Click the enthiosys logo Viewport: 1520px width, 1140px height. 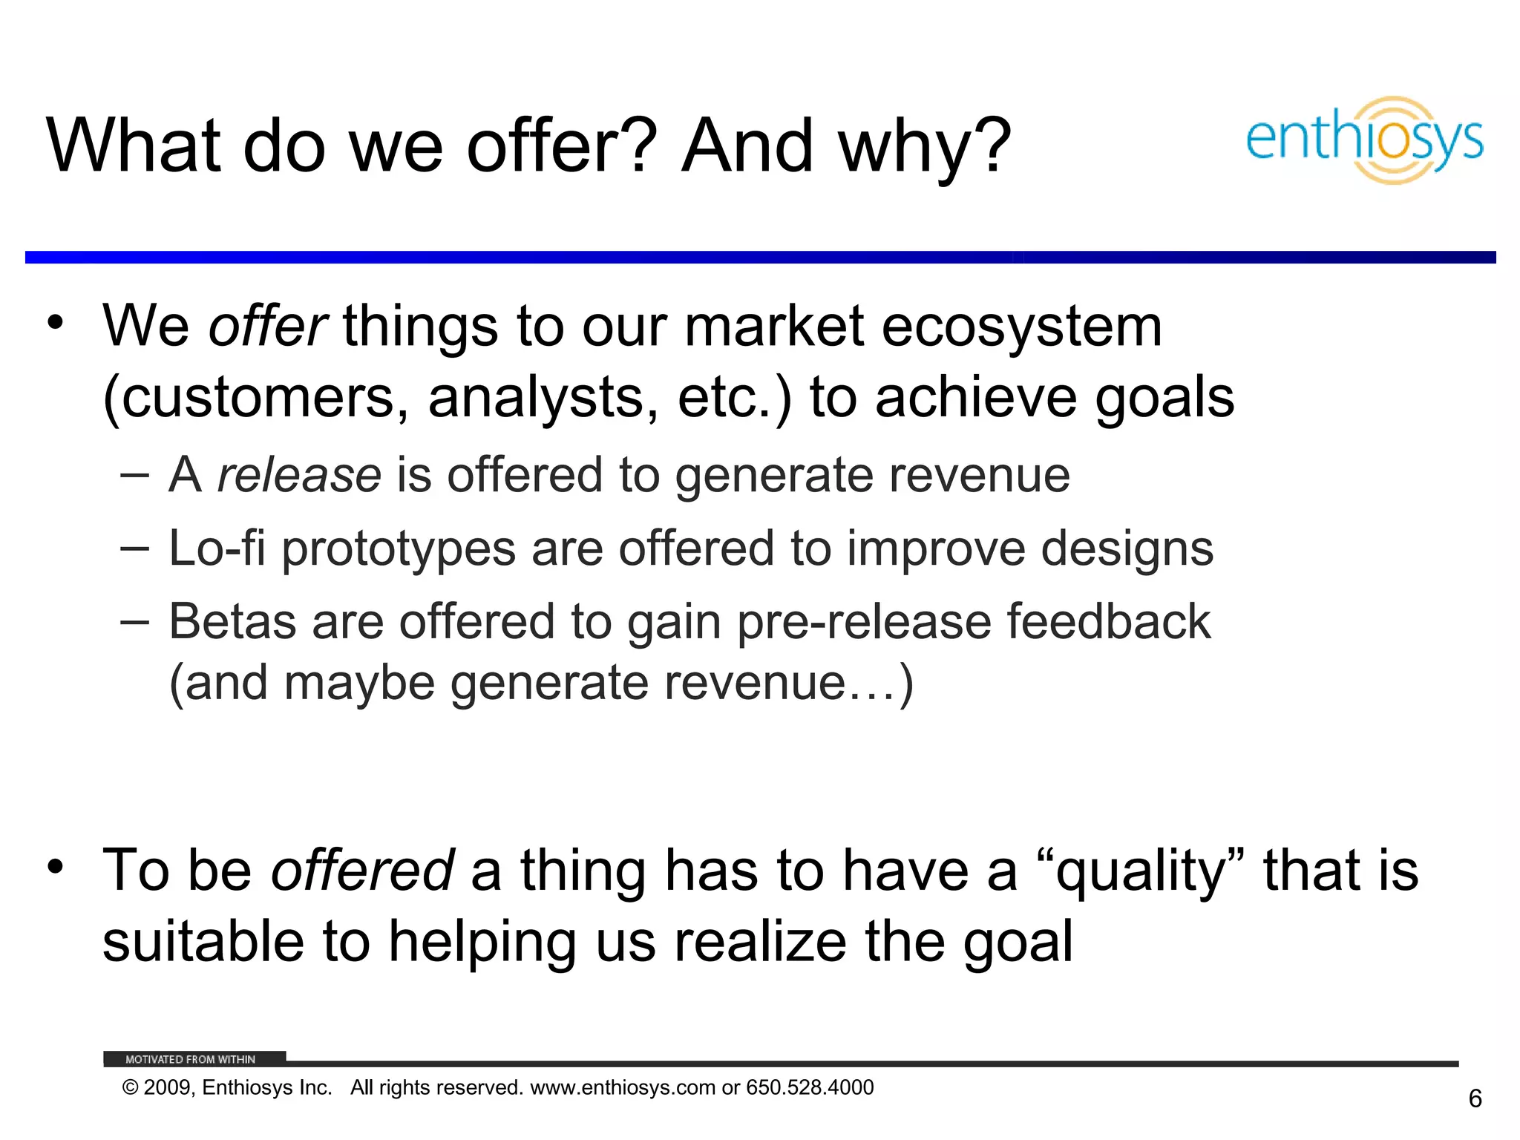click(1364, 140)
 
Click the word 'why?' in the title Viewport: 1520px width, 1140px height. click(925, 147)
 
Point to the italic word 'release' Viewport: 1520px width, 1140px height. click(298, 475)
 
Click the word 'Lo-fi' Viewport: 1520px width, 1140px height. click(217, 548)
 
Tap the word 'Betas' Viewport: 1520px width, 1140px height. click(232, 621)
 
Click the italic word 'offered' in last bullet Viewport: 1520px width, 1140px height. click(362, 870)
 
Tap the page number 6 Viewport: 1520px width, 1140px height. click(1475, 1098)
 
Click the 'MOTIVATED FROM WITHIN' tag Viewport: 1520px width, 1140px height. click(191, 1059)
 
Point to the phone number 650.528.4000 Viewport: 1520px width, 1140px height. click(810, 1087)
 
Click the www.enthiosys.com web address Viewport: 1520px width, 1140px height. click(623, 1088)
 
